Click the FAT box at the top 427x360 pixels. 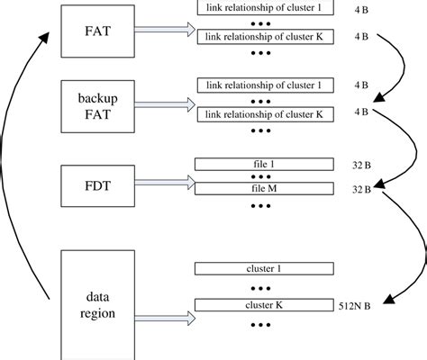coord(98,31)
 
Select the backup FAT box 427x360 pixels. coord(98,107)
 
